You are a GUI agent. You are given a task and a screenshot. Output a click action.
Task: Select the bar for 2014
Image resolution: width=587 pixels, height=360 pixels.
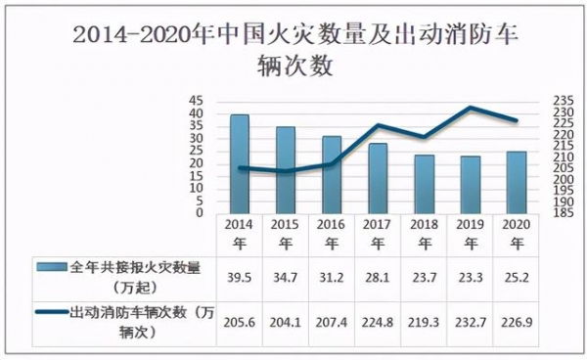pos(239,162)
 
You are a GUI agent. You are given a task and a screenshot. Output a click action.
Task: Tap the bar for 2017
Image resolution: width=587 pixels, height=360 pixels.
pos(378,177)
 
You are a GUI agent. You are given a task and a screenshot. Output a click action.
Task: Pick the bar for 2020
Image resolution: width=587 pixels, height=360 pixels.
pos(516,181)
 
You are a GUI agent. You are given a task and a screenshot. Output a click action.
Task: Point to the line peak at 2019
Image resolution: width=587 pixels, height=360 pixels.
pos(471,108)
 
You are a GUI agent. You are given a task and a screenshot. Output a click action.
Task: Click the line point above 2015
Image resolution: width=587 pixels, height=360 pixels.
pos(285,171)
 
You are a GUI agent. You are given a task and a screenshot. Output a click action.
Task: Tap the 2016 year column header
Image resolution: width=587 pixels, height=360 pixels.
pos(331,234)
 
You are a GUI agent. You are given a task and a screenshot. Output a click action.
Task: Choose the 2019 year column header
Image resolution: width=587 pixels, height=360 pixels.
pos(470,234)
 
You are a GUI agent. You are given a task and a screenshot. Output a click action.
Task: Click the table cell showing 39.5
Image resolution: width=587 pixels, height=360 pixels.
pos(239,276)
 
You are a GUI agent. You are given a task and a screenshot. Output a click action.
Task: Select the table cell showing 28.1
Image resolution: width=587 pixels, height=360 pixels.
pos(378,276)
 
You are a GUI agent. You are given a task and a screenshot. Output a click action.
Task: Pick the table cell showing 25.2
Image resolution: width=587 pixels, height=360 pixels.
pos(516,276)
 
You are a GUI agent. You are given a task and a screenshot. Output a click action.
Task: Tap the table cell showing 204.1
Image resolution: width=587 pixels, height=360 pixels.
pos(285,321)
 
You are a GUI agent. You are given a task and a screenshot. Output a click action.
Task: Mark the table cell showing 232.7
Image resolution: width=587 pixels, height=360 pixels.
pos(470,321)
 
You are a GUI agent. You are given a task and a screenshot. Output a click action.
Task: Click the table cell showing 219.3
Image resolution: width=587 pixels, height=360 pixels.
pos(424,321)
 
